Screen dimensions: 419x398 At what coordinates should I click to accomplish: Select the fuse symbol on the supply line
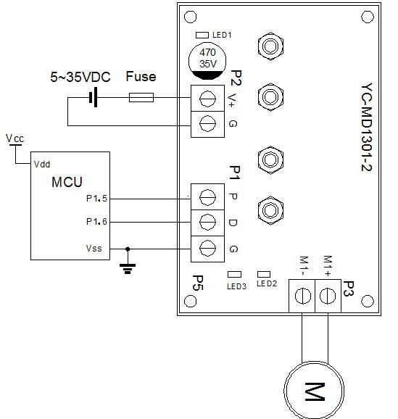[x=141, y=96]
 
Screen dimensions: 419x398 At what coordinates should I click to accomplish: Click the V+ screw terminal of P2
[x=207, y=97]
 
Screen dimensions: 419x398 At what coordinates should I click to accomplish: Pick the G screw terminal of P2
[x=207, y=123]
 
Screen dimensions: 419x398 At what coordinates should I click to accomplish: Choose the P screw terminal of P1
[x=207, y=196]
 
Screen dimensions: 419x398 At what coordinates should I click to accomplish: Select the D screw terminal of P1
[x=207, y=221]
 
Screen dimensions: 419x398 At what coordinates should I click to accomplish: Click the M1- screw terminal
[x=302, y=296]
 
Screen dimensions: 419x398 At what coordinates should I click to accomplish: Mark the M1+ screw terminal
[x=328, y=296]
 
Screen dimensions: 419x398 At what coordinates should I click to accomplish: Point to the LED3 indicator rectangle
[x=234, y=275]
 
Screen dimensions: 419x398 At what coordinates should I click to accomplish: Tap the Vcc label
[x=14, y=137]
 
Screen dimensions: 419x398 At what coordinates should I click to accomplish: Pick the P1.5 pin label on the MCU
[x=96, y=197]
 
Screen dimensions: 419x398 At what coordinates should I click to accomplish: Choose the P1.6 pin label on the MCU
[x=96, y=222]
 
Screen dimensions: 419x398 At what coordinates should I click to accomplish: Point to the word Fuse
[x=141, y=77]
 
